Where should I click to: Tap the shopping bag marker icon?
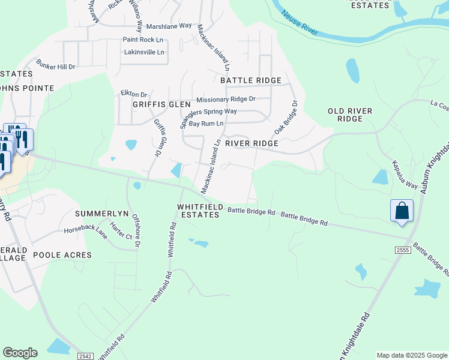click(402, 211)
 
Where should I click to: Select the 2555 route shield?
click(403, 249)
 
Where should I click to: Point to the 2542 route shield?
click(85, 356)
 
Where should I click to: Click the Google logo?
click(20, 352)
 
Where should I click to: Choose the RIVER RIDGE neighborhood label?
click(252, 143)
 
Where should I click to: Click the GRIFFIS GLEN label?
click(153, 104)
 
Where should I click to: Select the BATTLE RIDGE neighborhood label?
click(250, 80)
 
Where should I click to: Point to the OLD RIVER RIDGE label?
click(350, 115)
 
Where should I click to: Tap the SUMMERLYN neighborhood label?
click(99, 214)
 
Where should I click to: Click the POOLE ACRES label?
click(62, 255)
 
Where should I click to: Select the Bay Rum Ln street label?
click(206, 124)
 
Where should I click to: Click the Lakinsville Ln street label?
click(143, 52)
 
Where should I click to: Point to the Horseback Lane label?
click(86, 232)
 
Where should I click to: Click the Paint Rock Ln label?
click(143, 40)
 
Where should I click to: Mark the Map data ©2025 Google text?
click(412, 355)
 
